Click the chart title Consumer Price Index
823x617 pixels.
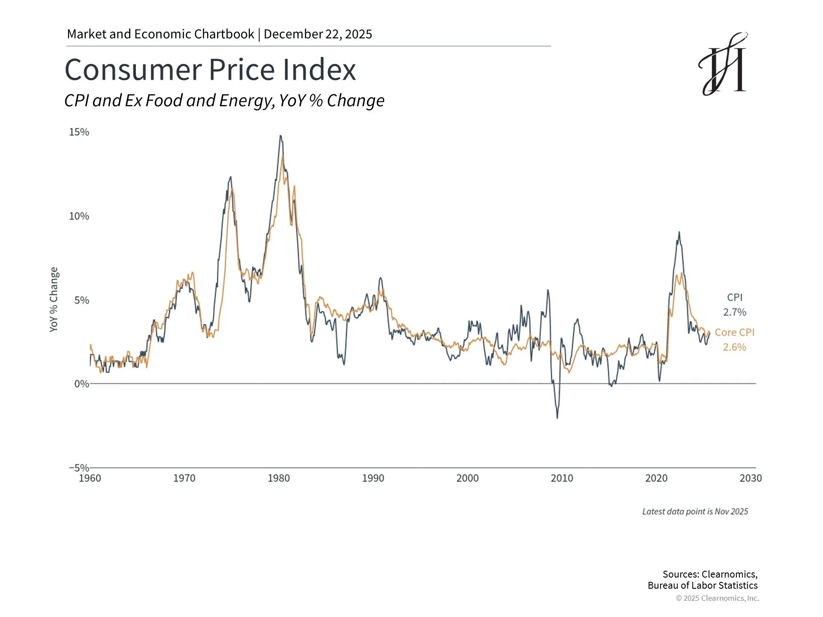pyautogui.click(x=210, y=69)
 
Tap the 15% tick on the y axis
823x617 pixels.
pyautogui.click(x=79, y=132)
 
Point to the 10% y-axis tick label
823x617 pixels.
pyautogui.click(x=79, y=216)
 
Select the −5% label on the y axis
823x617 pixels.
pyautogui.click(x=79, y=467)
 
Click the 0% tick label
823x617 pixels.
pyautogui.click(x=82, y=384)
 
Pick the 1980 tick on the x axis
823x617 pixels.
pyautogui.click(x=279, y=478)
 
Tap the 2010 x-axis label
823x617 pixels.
pyautogui.click(x=562, y=478)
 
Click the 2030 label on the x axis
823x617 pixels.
pyautogui.click(x=751, y=478)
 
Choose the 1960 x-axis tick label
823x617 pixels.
pyautogui.click(x=90, y=478)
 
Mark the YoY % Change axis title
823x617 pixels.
pyautogui.click(x=54, y=300)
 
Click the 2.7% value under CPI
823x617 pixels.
pyautogui.click(x=735, y=312)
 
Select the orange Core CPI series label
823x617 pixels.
pyautogui.click(x=734, y=332)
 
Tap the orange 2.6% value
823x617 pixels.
pyautogui.click(x=735, y=347)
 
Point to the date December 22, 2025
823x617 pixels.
pyautogui.click(x=318, y=34)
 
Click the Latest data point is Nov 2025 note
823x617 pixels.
pyautogui.click(x=695, y=512)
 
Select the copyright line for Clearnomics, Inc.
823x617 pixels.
pyautogui.click(x=717, y=598)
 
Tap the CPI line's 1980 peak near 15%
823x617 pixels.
pyautogui.click(x=280, y=136)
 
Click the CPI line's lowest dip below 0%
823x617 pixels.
pyautogui.click(x=557, y=417)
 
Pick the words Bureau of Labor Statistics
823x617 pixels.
pyautogui.click(x=703, y=586)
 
